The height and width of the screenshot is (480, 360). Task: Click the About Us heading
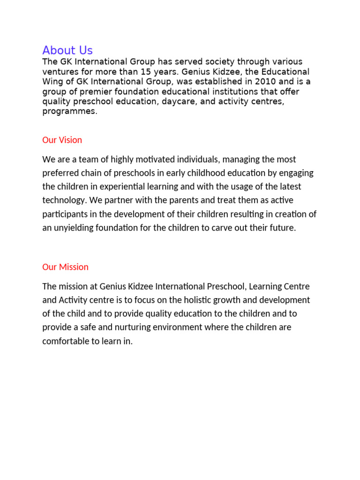point(67,50)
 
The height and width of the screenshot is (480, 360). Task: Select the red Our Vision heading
point(62,140)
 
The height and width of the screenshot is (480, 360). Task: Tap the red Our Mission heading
point(65,267)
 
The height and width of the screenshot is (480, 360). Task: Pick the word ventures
point(59,72)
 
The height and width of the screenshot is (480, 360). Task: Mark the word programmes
point(69,111)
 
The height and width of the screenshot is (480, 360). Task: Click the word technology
point(61,200)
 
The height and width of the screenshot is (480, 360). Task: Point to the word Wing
point(52,82)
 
